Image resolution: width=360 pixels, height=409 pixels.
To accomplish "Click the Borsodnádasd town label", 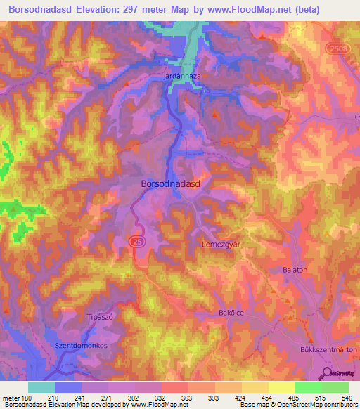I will (172, 183).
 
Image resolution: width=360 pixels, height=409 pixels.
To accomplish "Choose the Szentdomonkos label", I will (83, 346).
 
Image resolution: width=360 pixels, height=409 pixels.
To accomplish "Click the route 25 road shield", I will (134, 240).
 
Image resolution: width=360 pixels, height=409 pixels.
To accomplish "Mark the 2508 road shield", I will (337, 46).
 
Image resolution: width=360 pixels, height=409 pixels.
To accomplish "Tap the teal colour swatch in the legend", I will (41, 387).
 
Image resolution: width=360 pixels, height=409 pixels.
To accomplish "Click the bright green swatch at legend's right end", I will (335, 387).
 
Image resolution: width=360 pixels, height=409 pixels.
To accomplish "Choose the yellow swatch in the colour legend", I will (281, 387).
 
